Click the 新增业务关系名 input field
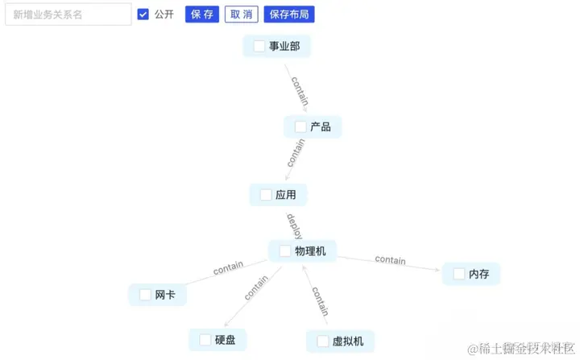click(68, 14)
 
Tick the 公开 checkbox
click(143, 14)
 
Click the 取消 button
click(241, 14)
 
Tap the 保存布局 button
click(289, 14)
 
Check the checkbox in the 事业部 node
click(259, 47)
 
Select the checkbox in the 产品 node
click(300, 126)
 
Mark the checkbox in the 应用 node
click(266, 195)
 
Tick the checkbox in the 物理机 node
click(285, 251)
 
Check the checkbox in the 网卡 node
click(145, 295)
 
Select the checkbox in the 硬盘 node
click(205, 340)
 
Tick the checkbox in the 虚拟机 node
click(323, 341)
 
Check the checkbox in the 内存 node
click(459, 274)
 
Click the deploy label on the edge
click(294, 226)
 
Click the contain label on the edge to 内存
click(391, 260)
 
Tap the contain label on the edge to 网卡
click(228, 268)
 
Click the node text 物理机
click(310, 251)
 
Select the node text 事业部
click(284, 47)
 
